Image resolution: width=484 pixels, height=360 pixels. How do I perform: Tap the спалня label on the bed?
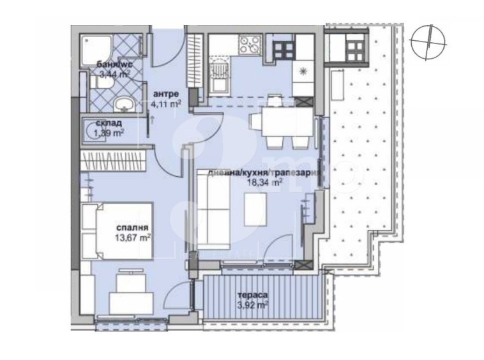133,228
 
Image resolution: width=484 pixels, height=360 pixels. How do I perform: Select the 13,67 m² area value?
133,237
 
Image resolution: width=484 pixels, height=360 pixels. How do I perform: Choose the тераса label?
251,295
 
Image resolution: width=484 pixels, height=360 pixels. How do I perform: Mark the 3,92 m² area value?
252,304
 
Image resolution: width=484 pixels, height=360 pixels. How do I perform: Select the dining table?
275,119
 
